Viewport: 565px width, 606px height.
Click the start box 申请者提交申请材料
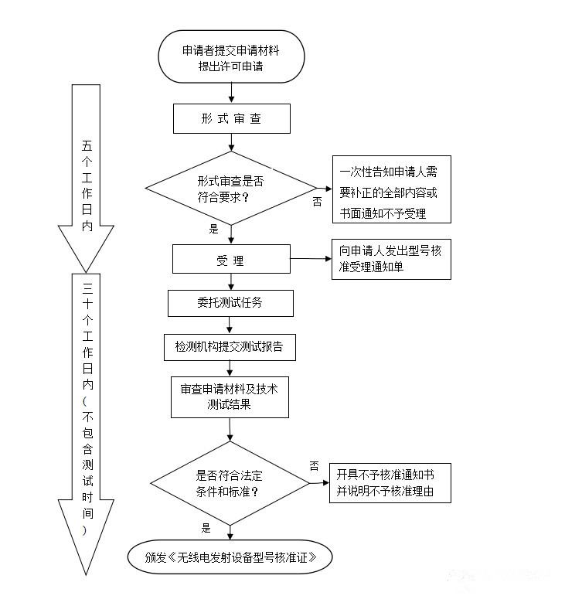point(231,57)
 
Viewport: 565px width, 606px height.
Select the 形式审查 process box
point(231,119)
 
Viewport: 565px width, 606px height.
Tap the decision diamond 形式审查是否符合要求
point(231,188)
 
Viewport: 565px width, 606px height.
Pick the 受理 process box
point(231,259)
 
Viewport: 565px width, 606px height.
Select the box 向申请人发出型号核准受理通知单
point(391,258)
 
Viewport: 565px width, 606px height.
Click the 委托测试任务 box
point(230,302)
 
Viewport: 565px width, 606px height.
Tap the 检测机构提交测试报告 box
point(230,347)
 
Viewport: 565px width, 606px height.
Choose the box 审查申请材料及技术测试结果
point(230,397)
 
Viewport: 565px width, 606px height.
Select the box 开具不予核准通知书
point(390,483)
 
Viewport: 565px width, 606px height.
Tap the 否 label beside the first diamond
point(317,202)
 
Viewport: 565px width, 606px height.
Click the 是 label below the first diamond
point(214,229)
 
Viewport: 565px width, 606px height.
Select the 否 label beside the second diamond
point(314,465)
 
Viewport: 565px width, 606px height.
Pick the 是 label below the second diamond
point(206,529)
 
